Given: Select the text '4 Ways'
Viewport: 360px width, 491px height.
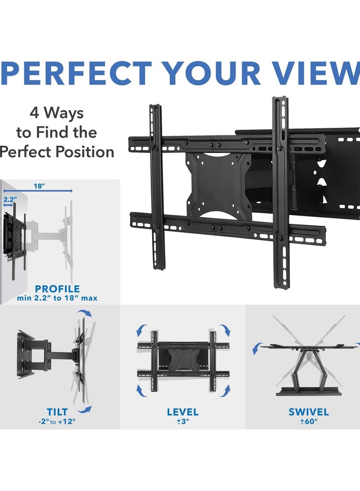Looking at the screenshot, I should tap(56, 113).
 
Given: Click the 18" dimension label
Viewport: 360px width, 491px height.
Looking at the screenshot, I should tap(39, 186).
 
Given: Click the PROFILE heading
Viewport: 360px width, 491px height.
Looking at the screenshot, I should tap(57, 288).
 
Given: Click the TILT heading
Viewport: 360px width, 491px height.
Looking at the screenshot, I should tap(57, 412).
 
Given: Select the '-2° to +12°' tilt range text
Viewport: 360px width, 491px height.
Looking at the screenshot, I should tap(57, 422).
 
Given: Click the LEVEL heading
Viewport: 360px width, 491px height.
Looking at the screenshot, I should tap(182, 412).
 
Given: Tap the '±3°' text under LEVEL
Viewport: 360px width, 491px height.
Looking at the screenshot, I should tap(182, 422).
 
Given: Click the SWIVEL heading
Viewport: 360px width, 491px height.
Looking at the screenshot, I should tap(308, 412).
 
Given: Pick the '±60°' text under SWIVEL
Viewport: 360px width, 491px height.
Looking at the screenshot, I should tap(308, 422).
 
